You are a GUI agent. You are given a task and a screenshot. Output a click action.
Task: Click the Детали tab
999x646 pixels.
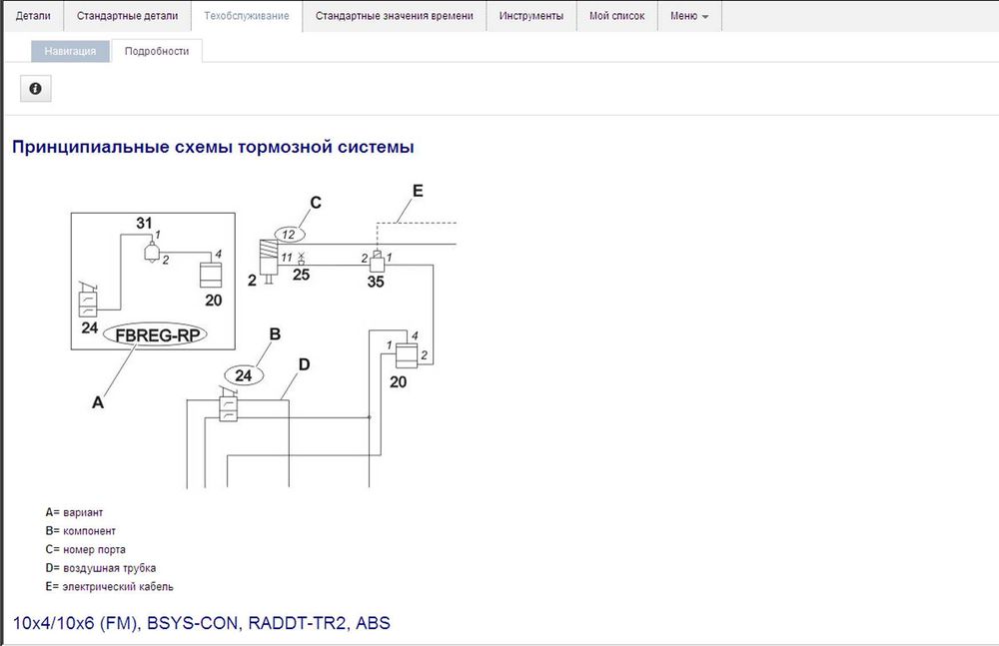(33, 16)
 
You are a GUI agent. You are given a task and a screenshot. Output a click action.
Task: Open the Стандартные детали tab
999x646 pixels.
(127, 16)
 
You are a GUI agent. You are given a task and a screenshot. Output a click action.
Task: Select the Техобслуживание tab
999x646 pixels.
(246, 16)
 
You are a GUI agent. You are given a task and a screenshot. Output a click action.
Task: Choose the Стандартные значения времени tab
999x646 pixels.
(395, 16)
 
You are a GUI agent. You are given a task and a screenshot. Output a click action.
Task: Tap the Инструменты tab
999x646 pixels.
(531, 16)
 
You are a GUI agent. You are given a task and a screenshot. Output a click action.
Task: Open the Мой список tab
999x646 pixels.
(616, 16)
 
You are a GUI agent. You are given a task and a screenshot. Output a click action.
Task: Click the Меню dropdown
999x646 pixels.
(689, 16)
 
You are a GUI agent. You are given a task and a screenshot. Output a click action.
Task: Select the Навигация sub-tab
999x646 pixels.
(70, 51)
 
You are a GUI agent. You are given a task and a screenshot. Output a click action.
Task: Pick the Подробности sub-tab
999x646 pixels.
(157, 51)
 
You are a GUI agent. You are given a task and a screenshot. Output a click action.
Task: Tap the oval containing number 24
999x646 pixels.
(244, 375)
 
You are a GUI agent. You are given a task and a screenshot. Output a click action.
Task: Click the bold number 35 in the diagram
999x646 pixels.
(376, 282)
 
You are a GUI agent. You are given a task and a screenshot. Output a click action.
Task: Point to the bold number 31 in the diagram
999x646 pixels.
(145, 222)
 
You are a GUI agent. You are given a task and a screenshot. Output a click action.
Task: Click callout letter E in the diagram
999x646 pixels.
(418, 190)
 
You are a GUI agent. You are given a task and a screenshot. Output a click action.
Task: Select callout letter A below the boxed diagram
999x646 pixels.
(98, 402)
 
